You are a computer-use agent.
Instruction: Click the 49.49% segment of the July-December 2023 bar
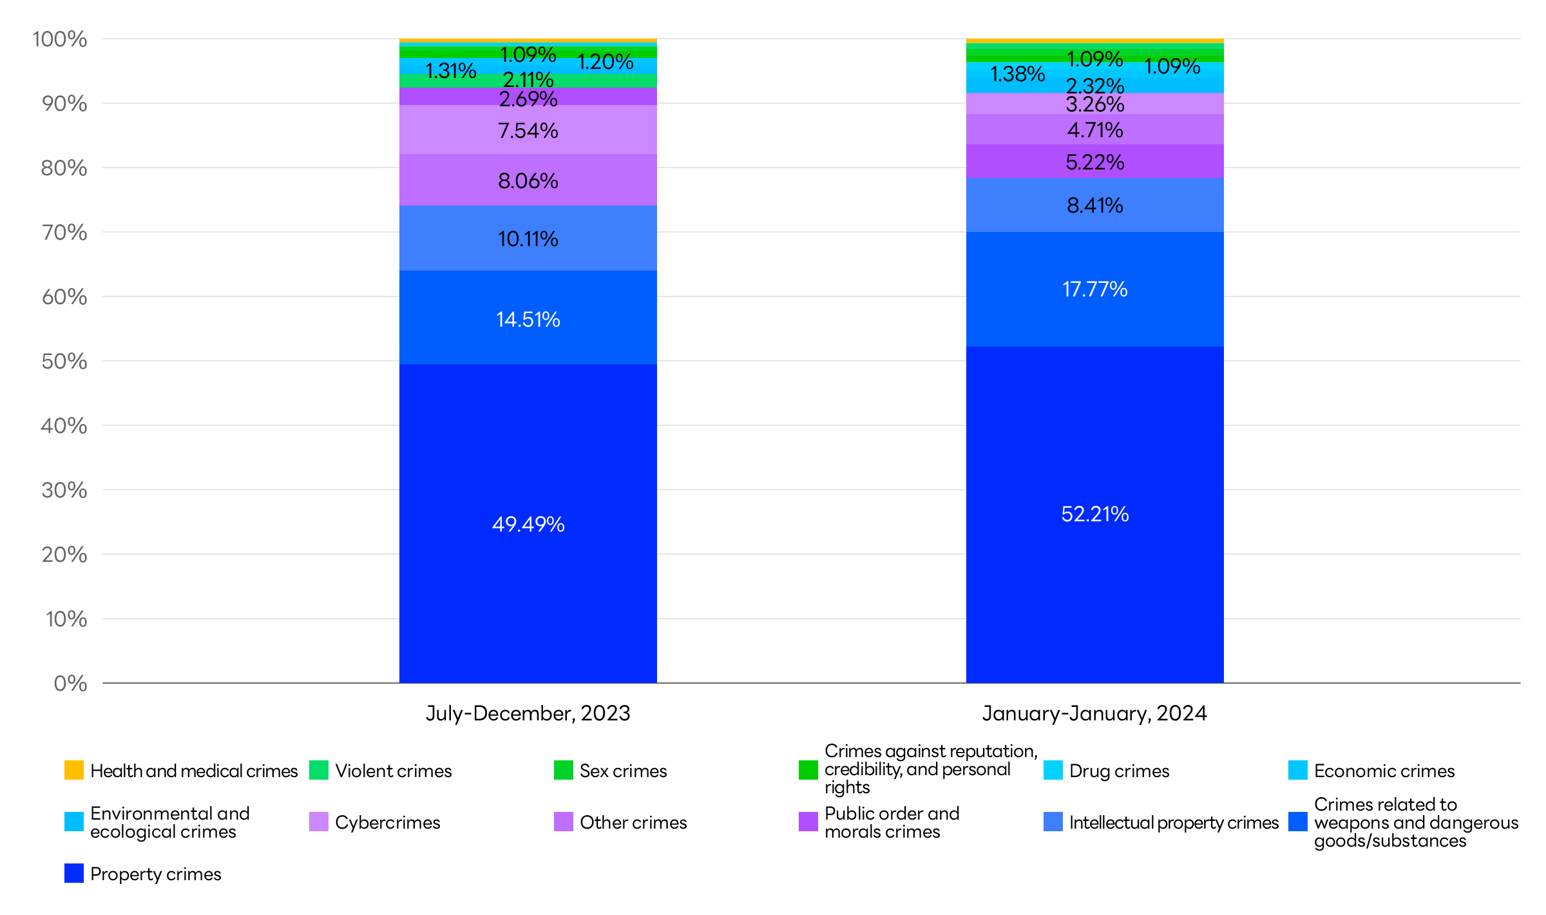click(528, 523)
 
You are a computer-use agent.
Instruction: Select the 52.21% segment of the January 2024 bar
click(1095, 514)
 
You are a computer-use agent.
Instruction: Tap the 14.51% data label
click(528, 319)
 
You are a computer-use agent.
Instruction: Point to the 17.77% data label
click(1095, 289)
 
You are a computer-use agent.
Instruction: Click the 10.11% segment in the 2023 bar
click(528, 238)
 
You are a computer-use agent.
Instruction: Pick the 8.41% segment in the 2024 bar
click(1095, 205)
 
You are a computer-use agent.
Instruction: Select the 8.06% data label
click(528, 180)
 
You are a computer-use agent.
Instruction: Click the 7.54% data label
click(528, 131)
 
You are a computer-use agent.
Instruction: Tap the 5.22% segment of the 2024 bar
click(1095, 161)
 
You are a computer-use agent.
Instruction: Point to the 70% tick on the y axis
click(64, 232)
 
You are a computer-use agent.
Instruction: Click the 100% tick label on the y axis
click(60, 39)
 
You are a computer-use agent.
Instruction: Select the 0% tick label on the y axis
click(70, 683)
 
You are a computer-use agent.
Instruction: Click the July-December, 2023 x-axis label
click(528, 713)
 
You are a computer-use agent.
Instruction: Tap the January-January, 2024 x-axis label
click(1095, 713)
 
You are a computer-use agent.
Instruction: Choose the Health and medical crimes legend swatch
click(74, 770)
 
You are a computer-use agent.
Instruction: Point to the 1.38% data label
click(1017, 74)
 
